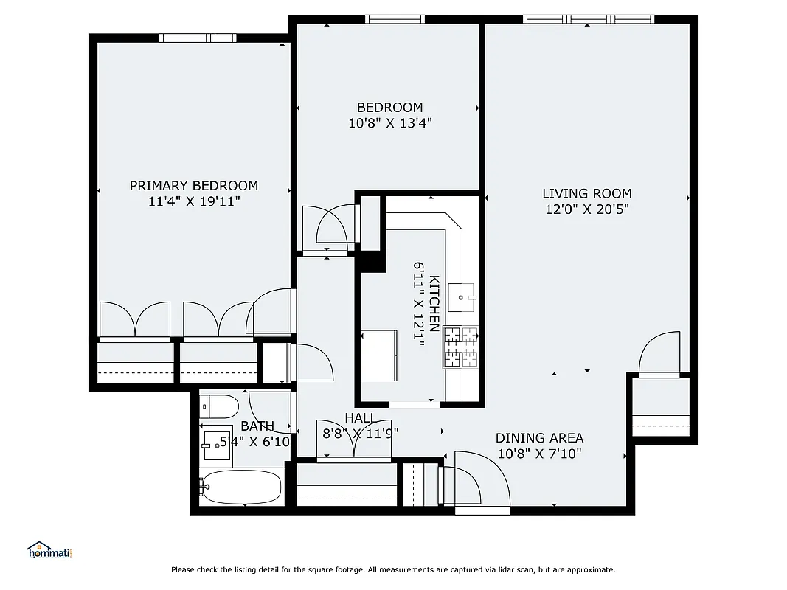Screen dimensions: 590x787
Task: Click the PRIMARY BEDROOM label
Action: pos(194,186)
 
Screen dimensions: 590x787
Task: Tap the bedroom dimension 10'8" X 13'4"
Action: pos(389,123)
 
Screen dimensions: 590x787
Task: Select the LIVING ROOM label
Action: pos(587,193)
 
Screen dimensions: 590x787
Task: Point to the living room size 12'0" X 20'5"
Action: pos(587,209)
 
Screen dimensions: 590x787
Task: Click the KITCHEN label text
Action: pos(434,303)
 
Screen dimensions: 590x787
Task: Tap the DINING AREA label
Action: pos(539,438)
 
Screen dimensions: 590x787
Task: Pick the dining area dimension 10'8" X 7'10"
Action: pos(539,454)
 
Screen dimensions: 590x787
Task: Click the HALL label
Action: pos(360,418)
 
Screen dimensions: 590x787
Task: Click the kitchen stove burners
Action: pos(460,347)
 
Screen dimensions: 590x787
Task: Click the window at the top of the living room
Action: pos(588,19)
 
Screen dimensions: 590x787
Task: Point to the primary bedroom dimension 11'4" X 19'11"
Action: pos(194,201)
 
